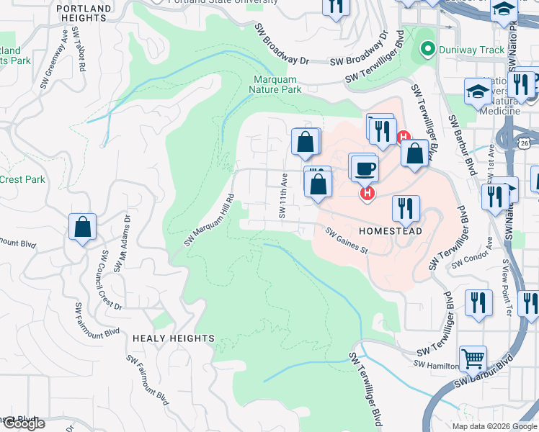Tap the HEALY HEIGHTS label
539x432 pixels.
173,338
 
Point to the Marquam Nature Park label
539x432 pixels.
277,84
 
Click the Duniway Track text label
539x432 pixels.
463,50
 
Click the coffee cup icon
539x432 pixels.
366,168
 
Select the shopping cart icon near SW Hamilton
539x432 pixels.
473,358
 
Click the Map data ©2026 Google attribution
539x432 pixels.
494,426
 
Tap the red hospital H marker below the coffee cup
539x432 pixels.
367,194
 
